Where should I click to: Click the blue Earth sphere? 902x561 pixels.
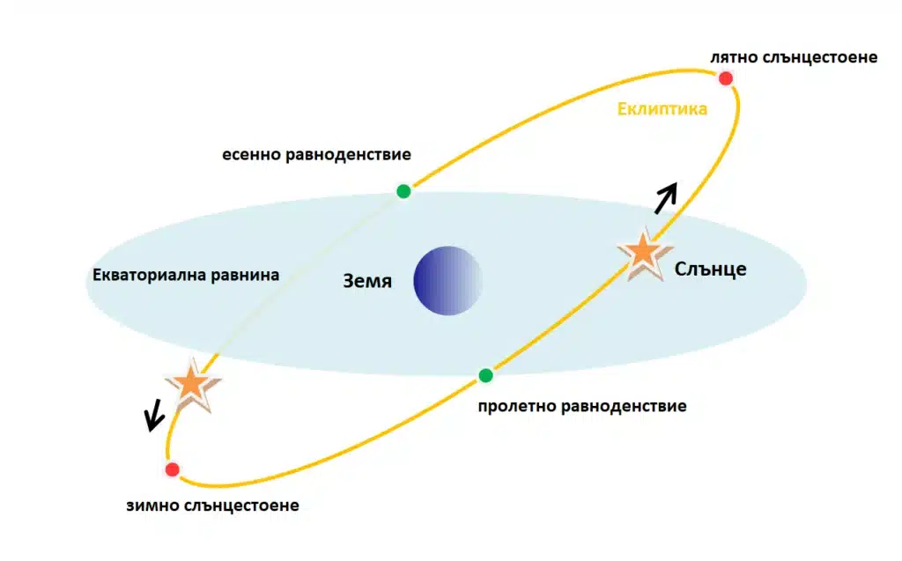click(x=447, y=281)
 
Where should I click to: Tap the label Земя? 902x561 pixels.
click(x=367, y=281)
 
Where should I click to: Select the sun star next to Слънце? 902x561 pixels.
click(x=644, y=254)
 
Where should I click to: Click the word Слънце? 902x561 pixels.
click(x=711, y=269)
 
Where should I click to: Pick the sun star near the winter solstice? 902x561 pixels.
click(x=192, y=385)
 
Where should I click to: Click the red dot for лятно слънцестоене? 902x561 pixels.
click(x=726, y=78)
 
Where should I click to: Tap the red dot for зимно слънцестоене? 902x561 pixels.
click(x=172, y=469)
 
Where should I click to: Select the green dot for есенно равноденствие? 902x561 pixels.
click(x=403, y=191)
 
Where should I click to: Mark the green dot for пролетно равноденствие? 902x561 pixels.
click(x=485, y=376)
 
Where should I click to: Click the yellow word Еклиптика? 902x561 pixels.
click(x=662, y=108)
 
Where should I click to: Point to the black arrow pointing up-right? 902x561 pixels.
click(x=666, y=198)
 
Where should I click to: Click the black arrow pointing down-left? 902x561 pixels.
click(x=154, y=415)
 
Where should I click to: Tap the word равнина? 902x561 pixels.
click(x=245, y=275)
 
